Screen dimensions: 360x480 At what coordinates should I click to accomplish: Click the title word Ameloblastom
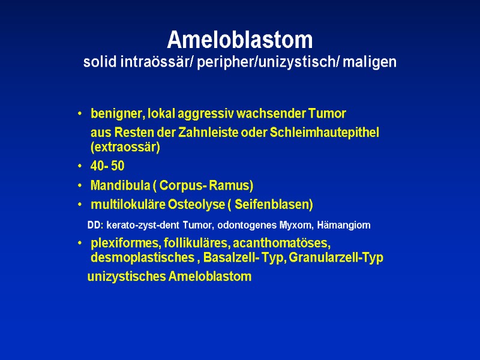point(240,40)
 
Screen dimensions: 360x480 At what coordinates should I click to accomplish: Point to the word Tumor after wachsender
point(331,113)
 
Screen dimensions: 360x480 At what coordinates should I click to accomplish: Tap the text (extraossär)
point(125,147)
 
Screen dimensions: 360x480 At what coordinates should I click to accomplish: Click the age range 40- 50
point(107,167)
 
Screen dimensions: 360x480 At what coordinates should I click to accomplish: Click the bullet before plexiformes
point(80,244)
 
